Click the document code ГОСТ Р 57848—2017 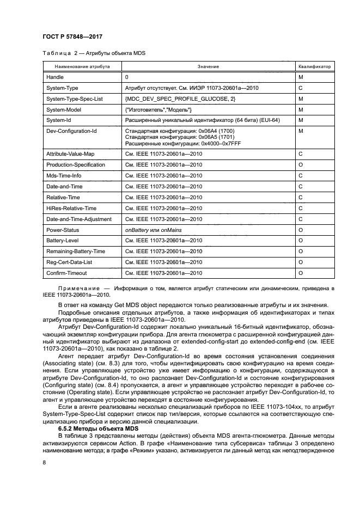(x=73, y=36)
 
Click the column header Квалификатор (x=314, y=66)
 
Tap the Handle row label (x=55, y=77)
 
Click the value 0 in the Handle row (x=127, y=77)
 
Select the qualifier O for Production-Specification (x=301, y=165)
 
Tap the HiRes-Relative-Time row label (x=71, y=208)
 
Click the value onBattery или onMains (x=154, y=230)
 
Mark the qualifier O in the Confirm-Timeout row (x=301, y=273)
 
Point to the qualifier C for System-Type (x=301, y=88)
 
